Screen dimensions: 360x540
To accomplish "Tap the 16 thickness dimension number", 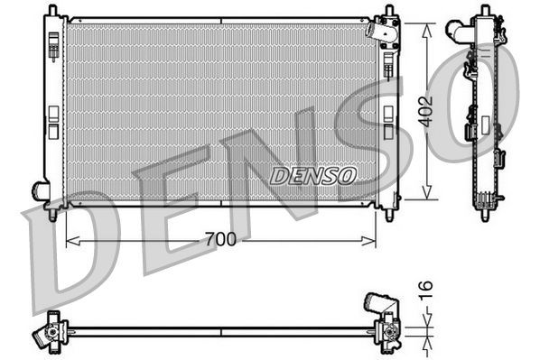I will pos(427,290).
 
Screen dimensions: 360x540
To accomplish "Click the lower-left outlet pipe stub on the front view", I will pos(41,190).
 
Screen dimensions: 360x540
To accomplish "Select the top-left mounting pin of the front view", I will pos(51,12).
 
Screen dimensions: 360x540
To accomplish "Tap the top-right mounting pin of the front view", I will pos(389,12).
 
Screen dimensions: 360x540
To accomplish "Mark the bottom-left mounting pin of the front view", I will pos(51,214).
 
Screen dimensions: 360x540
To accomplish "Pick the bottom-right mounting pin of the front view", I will pos(389,214).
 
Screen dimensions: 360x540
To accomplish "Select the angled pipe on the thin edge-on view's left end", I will pos(41,337).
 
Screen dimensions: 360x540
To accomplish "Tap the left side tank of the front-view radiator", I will pos(52,108).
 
